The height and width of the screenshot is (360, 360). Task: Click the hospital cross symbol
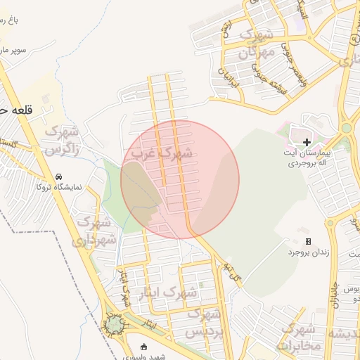point(307,142)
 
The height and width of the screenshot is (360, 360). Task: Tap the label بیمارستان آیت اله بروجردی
point(307,157)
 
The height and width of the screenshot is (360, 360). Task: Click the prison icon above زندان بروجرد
point(308,241)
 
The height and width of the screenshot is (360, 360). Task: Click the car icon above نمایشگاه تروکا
point(58,176)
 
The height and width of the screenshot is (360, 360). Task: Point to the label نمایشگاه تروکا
point(59,187)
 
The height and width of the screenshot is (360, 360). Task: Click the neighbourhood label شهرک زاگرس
point(62,140)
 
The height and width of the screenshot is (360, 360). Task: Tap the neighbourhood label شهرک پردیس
point(210,322)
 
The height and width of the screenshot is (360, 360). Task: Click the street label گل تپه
point(233,270)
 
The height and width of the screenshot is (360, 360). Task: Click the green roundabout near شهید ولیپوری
point(113,323)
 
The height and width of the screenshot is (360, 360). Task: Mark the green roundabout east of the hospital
point(346,127)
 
